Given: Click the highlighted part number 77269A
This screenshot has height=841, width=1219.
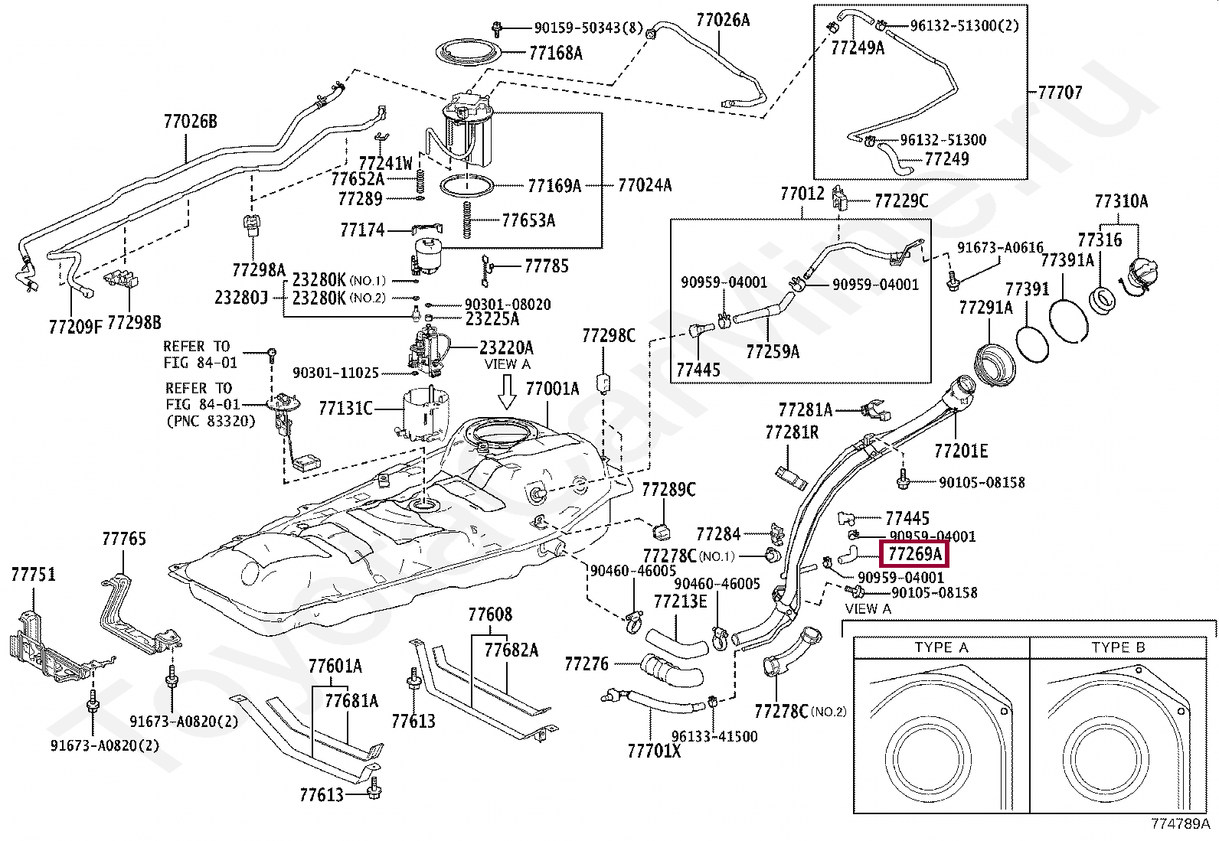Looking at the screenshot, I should click(x=914, y=553).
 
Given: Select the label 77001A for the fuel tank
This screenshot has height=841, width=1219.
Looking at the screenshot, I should click(x=552, y=388).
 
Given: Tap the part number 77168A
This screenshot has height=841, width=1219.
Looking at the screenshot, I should click(x=555, y=53).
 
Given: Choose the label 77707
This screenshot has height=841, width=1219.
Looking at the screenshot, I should click(x=1060, y=93).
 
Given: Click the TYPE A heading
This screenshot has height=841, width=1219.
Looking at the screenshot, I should click(x=941, y=648).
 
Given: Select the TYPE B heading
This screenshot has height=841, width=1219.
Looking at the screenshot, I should click(x=1118, y=648).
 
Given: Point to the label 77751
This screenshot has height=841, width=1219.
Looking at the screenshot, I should click(x=33, y=574).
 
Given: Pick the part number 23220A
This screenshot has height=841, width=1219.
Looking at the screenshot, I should click(x=506, y=347).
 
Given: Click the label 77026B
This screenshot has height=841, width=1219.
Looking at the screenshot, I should click(x=190, y=121).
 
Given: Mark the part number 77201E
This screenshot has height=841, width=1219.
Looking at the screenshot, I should click(x=961, y=450).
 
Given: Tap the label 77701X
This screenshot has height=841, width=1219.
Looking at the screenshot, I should click(x=654, y=751).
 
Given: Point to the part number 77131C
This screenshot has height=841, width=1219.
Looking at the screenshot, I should click(x=346, y=409).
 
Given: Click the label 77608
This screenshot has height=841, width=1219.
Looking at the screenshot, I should click(x=490, y=614).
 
